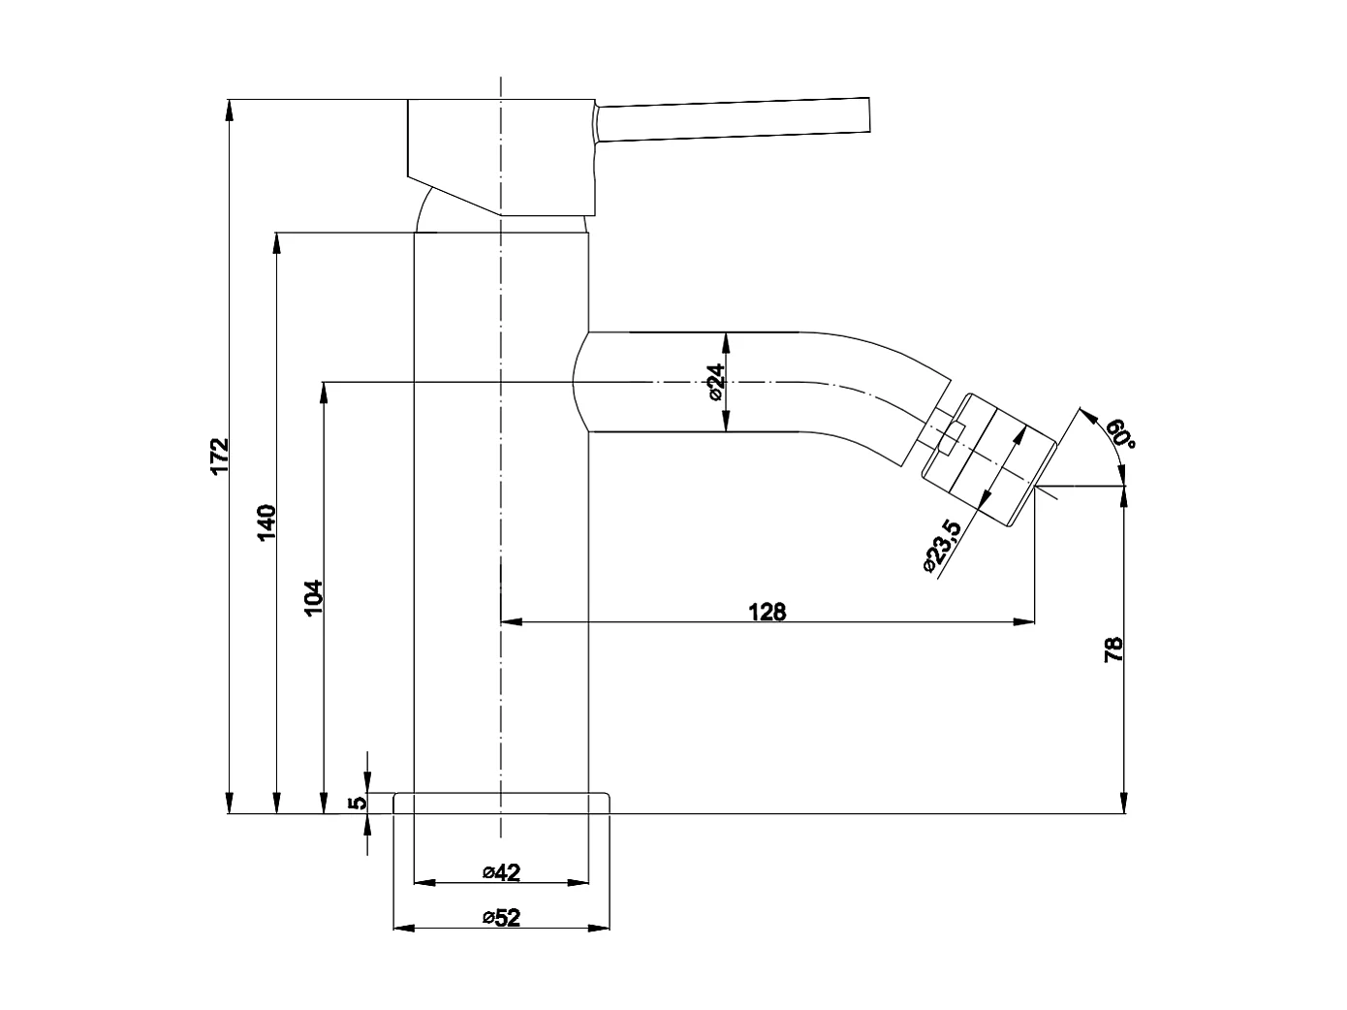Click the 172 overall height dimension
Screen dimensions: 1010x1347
point(220,456)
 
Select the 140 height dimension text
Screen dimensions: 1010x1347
point(268,521)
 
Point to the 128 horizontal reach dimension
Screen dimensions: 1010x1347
point(767,611)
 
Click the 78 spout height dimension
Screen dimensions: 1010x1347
point(1113,648)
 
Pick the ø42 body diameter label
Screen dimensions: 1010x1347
point(501,872)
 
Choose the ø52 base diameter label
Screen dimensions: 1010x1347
point(501,918)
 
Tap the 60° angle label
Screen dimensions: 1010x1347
point(1119,433)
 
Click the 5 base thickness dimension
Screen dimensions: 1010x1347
point(358,803)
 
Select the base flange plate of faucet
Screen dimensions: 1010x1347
point(502,804)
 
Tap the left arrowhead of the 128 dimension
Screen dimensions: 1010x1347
point(510,621)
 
